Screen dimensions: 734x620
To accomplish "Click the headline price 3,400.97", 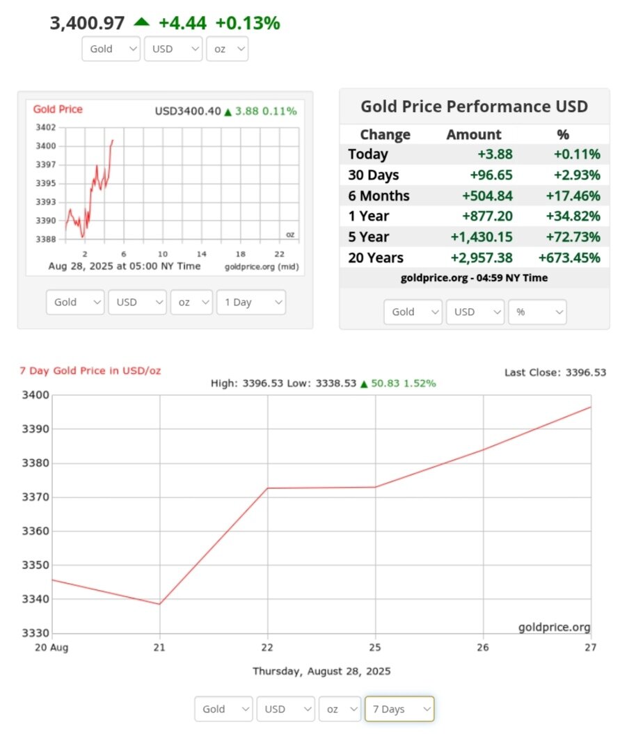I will click(x=87, y=23).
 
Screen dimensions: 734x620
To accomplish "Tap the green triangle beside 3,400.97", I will click(x=141, y=22).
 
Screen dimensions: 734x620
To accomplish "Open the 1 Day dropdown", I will click(x=251, y=303).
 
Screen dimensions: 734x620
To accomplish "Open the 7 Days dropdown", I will click(x=399, y=709).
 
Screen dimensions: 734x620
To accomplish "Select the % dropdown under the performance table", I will click(x=537, y=312).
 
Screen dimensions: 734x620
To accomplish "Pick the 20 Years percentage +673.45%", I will click(x=569, y=258).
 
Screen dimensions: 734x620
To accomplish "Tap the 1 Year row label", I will click(x=368, y=216).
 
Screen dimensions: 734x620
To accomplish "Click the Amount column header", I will click(x=473, y=134).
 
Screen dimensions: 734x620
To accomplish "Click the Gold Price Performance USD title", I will click(x=474, y=106).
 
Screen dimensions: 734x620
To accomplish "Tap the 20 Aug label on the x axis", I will click(x=51, y=647).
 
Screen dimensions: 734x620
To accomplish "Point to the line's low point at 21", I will click(x=160, y=604).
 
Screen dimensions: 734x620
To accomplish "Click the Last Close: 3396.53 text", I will click(x=555, y=373).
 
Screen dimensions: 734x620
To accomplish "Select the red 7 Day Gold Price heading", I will click(x=90, y=371).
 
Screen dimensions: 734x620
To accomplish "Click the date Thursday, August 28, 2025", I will click(x=321, y=671).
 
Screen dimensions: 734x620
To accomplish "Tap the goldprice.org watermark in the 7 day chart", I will click(x=554, y=628).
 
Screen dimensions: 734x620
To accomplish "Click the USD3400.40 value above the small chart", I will click(x=187, y=111).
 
